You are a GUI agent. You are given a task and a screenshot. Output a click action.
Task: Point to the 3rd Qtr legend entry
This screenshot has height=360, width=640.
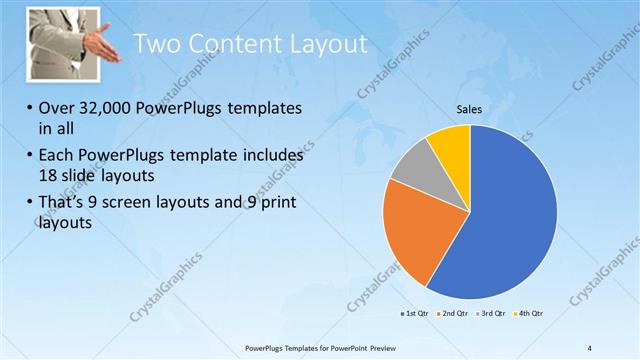[x=492, y=314]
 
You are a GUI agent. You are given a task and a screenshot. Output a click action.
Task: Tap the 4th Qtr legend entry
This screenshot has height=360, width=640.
[x=529, y=314]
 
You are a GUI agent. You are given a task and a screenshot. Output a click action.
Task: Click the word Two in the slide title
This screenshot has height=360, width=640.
[x=156, y=43]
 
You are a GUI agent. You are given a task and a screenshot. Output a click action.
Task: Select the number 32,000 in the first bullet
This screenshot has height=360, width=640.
[x=109, y=108]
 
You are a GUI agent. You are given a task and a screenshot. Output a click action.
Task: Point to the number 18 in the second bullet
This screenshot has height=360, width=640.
[x=50, y=175]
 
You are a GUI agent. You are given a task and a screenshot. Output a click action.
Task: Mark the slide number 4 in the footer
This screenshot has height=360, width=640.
[x=590, y=347]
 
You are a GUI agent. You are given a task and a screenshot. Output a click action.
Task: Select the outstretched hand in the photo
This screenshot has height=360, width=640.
[x=100, y=46]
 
